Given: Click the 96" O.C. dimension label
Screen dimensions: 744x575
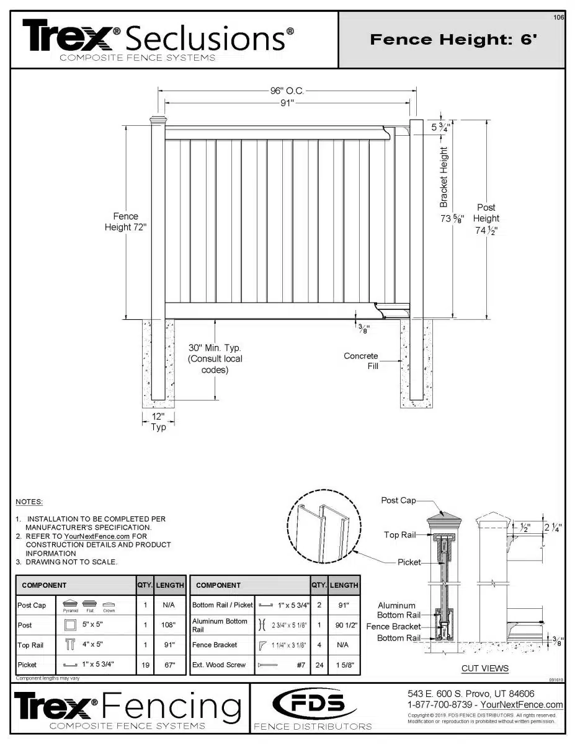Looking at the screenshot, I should click(287, 91).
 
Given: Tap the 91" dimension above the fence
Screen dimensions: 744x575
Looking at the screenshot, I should click(286, 103).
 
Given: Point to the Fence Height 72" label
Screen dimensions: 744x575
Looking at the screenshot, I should click(125, 222).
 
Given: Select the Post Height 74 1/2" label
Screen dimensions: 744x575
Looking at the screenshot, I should click(486, 218).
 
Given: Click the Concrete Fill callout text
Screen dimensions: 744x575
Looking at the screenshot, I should click(361, 361).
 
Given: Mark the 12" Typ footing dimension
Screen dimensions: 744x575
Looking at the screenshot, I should click(158, 422).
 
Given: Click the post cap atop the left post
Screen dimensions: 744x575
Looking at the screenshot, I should click(158, 118).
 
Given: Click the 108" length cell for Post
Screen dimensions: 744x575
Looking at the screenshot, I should click(169, 625).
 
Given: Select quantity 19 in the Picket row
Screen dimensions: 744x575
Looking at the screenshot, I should click(145, 665).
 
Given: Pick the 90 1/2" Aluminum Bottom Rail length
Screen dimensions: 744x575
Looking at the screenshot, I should click(344, 625).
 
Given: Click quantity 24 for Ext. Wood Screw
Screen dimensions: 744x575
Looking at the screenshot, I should click(319, 665).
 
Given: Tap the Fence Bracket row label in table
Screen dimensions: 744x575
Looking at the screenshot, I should click(215, 645).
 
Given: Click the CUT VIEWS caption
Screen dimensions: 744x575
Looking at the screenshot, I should click(485, 668).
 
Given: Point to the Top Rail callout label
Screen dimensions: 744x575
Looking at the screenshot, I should click(399, 534).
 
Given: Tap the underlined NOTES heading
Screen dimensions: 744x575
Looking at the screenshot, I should click(29, 501).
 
